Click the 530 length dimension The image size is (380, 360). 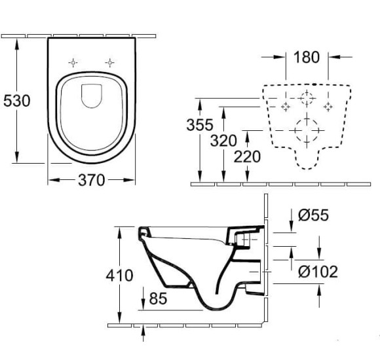pos(16,101)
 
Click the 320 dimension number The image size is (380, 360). pos(224,141)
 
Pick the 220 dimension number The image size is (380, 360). pos(246,156)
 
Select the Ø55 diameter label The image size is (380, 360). pos(313,215)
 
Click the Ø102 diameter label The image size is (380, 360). pos(318,270)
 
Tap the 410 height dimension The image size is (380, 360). pos(119,276)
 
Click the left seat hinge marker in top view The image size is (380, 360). pos(73,62)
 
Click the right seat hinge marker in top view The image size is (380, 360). pos(110,62)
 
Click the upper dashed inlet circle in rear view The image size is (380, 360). pos(306,98)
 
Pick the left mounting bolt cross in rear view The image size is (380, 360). pos(285,106)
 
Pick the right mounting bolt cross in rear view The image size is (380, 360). pos(328,106)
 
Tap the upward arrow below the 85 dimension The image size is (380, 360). pos(143,330)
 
